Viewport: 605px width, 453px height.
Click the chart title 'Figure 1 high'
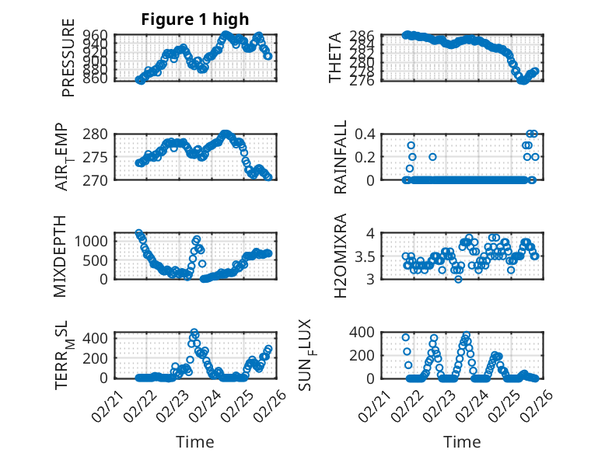(x=195, y=19)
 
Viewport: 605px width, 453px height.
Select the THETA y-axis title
(x=335, y=57)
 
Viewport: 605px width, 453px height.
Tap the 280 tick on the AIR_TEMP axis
(x=97, y=134)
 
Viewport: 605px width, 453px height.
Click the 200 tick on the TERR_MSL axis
(x=97, y=355)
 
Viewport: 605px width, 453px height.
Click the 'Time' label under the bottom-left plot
(x=195, y=441)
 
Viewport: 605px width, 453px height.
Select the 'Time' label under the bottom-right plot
(x=463, y=441)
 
